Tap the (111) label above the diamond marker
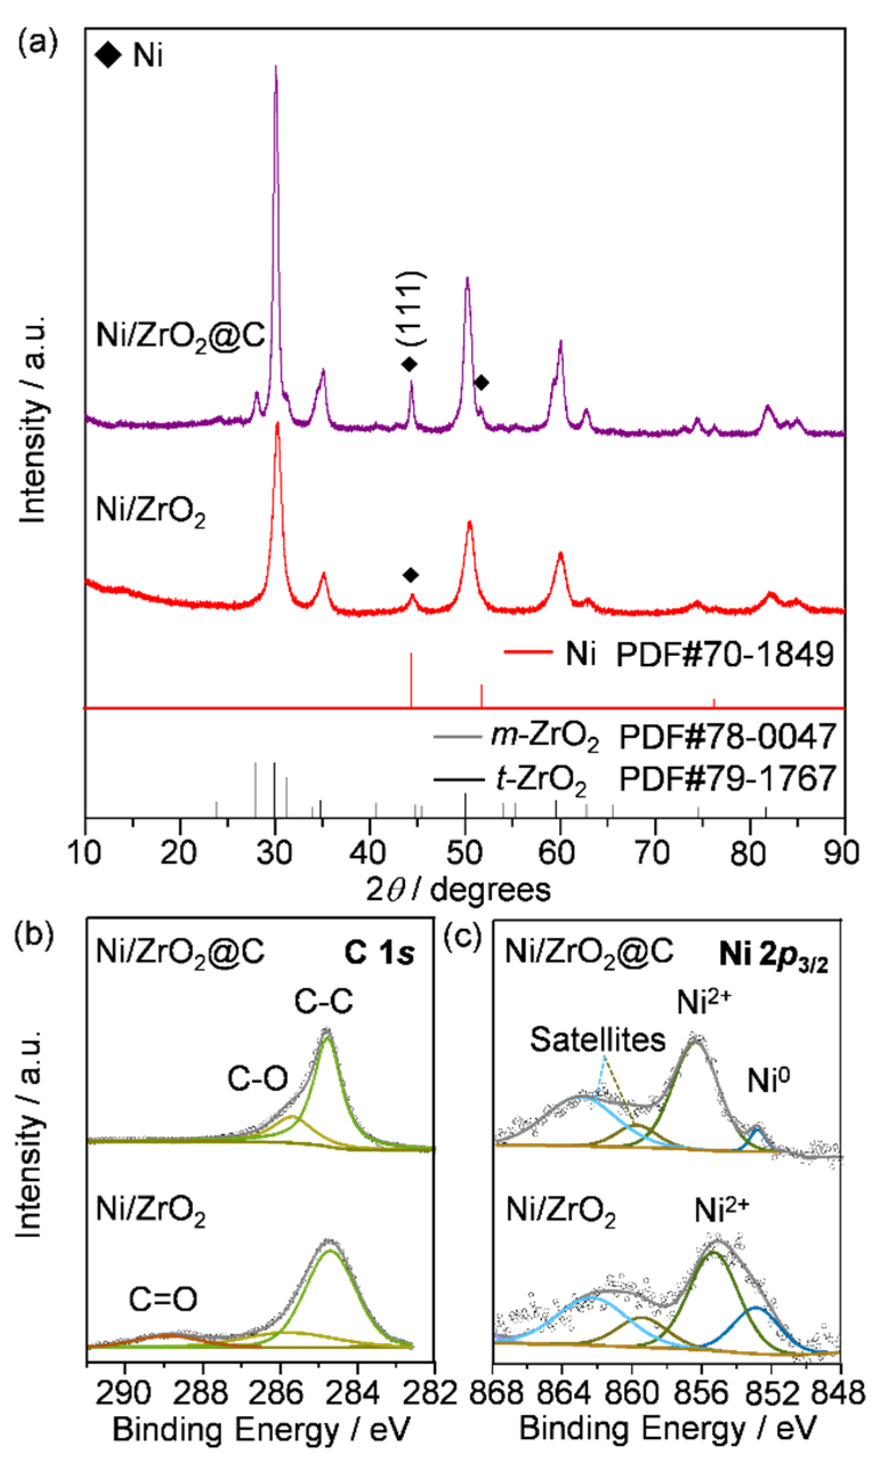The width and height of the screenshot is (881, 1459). point(410,308)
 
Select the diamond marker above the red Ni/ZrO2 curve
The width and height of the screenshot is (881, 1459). point(410,575)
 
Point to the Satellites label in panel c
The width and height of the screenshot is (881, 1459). point(597,1039)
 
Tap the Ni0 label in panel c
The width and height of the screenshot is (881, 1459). point(769,1081)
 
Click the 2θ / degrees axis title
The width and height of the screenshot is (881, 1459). point(458,889)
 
